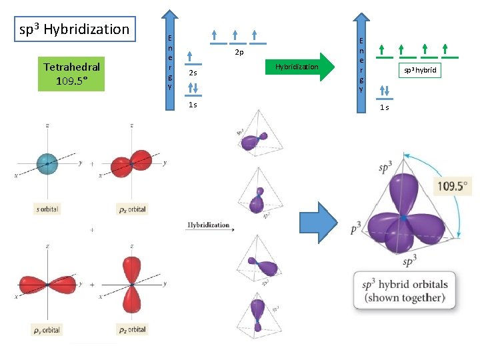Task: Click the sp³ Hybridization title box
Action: point(75,29)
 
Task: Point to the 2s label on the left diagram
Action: point(192,73)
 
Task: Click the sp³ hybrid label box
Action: point(421,69)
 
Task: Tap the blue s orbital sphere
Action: point(46,161)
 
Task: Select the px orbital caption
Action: point(132,209)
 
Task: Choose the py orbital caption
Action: point(46,330)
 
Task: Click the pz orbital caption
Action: point(132,329)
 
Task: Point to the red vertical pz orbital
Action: point(131,285)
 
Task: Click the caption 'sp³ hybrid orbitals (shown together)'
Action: point(404,290)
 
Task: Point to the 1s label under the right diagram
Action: point(385,107)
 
